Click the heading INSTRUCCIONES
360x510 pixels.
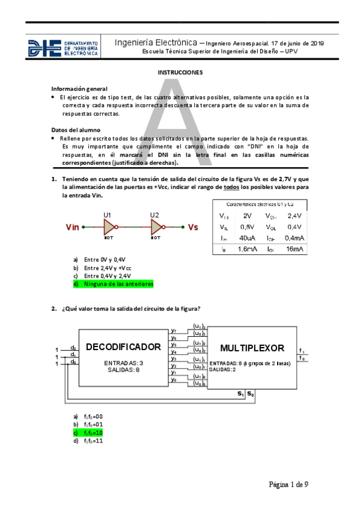click(180, 72)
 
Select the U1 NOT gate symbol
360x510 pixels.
click(110, 227)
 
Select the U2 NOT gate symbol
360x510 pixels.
click(156, 227)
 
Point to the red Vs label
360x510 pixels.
click(193, 227)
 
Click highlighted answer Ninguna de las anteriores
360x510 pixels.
click(119, 284)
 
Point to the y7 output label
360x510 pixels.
click(173, 330)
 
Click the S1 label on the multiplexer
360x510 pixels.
click(241, 394)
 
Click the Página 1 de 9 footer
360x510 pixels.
click(288, 484)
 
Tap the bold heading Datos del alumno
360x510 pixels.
click(76, 130)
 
